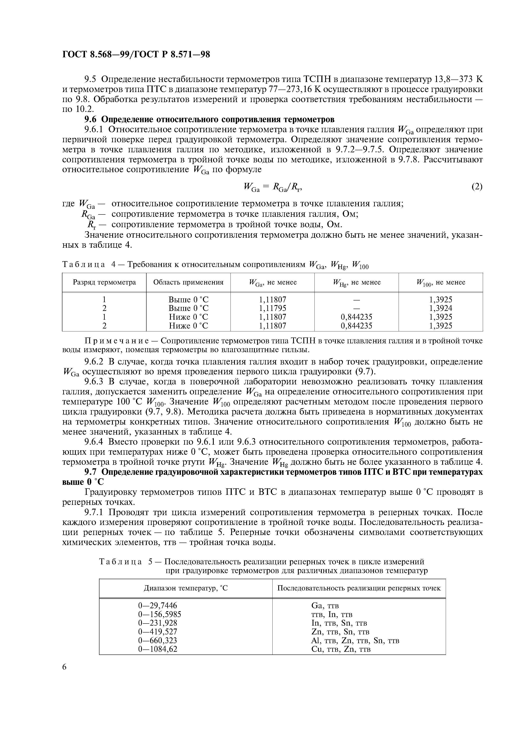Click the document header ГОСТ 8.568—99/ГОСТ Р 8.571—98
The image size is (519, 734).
coord(136,55)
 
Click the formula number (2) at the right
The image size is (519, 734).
coord(477,186)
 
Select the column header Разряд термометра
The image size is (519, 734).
coord(104,282)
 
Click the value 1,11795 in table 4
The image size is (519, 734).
coord(272,308)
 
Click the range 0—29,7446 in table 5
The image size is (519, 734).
coord(157,606)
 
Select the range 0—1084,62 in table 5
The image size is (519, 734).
coord(157,649)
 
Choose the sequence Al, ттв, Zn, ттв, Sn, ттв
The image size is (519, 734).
coord(355,640)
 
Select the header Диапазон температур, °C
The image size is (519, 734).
coord(185,588)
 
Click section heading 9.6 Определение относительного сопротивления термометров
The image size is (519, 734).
coord(209,119)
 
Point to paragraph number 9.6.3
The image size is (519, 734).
coord(95,382)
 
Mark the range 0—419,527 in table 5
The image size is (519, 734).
coord(157,632)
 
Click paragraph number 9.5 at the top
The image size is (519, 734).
coord(90,79)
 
